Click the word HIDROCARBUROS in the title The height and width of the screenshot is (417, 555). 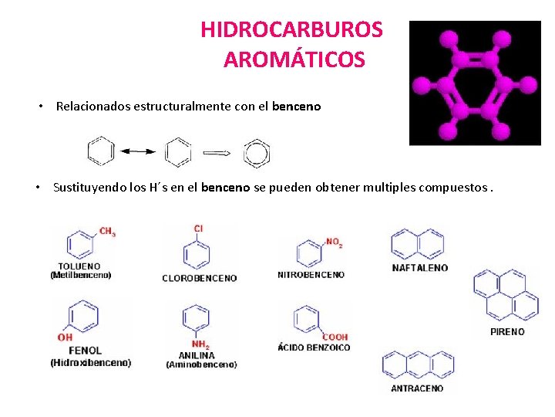point(291,30)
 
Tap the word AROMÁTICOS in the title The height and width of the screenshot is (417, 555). point(294,59)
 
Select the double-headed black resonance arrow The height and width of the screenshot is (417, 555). point(139,152)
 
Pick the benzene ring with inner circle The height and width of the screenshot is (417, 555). point(256,152)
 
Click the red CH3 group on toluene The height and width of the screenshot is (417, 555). point(107,232)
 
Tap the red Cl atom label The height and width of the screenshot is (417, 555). point(198,229)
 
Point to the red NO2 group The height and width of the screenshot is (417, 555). point(334,243)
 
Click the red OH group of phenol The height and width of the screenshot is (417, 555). point(65,337)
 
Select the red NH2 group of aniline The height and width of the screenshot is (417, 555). point(200,344)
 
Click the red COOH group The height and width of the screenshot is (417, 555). point(335,337)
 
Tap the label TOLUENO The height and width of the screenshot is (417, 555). point(80,266)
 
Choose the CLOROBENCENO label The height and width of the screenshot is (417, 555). point(199,278)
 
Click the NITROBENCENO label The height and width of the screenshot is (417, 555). point(311,275)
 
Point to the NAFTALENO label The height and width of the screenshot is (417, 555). point(419,268)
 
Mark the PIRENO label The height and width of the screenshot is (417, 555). point(507,332)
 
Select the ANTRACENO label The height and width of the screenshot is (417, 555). point(417,388)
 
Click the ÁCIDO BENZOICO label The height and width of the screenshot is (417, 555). point(314,347)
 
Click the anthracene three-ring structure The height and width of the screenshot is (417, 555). point(419,364)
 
